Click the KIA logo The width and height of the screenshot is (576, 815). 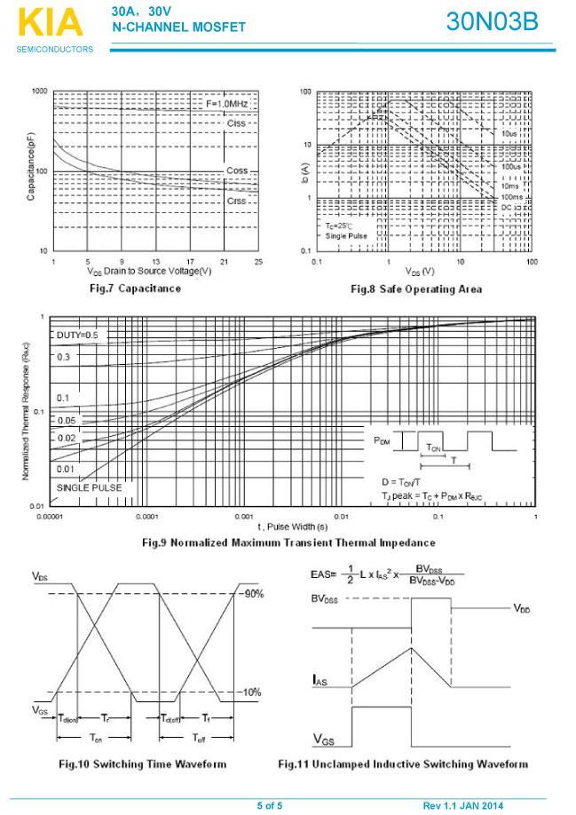click(x=48, y=23)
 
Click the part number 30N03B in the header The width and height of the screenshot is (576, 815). click(x=492, y=22)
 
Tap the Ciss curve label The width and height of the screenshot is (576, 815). click(x=236, y=123)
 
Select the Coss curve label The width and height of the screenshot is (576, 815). click(x=237, y=170)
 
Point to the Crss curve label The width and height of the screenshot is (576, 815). click(x=236, y=201)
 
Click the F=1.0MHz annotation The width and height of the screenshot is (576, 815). click(x=228, y=104)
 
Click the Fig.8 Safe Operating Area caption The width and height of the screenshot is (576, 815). click(x=416, y=289)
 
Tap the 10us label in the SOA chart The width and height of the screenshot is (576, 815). click(x=509, y=132)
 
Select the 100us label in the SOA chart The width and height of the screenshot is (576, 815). click(x=510, y=167)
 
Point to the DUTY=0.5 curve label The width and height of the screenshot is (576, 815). click(x=77, y=335)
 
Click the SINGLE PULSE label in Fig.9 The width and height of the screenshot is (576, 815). click(x=89, y=487)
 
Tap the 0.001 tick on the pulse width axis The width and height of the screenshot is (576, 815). click(x=243, y=516)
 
